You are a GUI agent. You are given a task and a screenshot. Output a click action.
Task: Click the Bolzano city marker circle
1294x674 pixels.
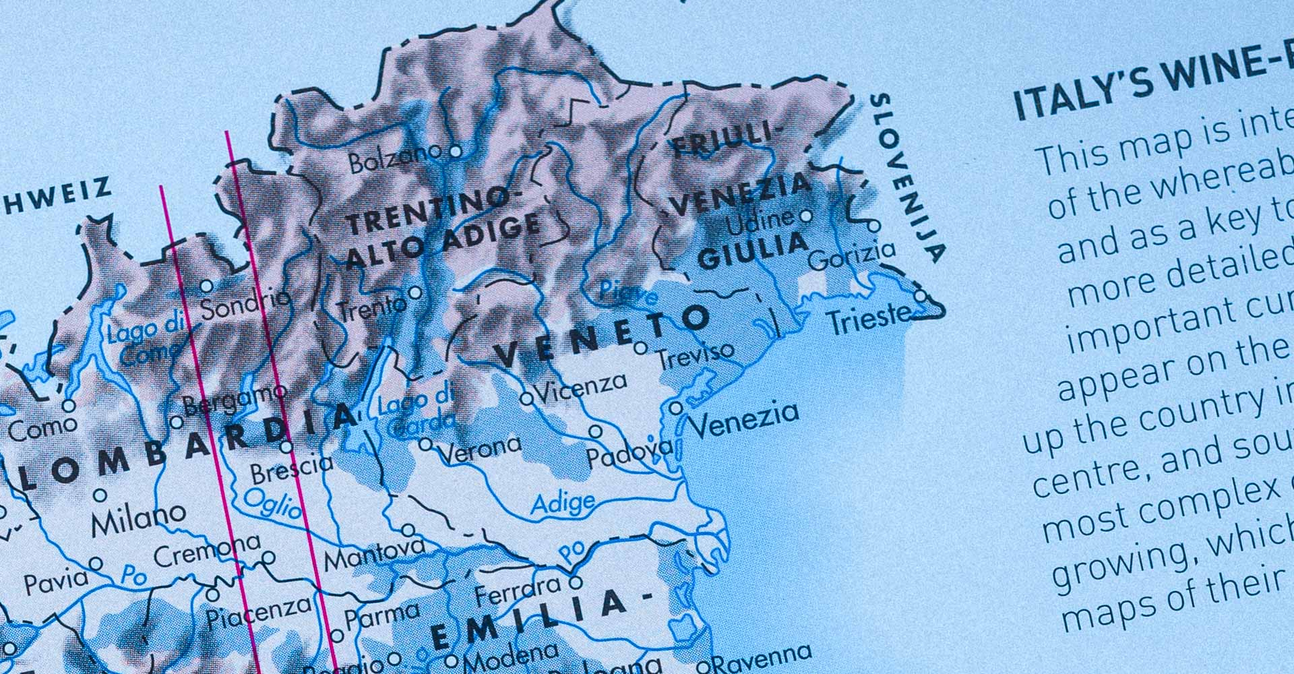(x=456, y=152)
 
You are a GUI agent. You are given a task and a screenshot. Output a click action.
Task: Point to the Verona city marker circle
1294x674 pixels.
(x=425, y=444)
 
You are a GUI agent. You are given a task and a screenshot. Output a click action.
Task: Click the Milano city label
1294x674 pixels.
(x=139, y=519)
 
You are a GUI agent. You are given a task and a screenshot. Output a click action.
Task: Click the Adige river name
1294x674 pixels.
(x=563, y=503)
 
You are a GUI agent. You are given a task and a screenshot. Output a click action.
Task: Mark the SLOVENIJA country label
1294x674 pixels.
(x=907, y=178)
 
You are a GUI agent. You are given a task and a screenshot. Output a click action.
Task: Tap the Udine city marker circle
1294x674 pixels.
(x=805, y=216)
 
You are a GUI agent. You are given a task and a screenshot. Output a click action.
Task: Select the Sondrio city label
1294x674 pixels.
(x=245, y=305)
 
